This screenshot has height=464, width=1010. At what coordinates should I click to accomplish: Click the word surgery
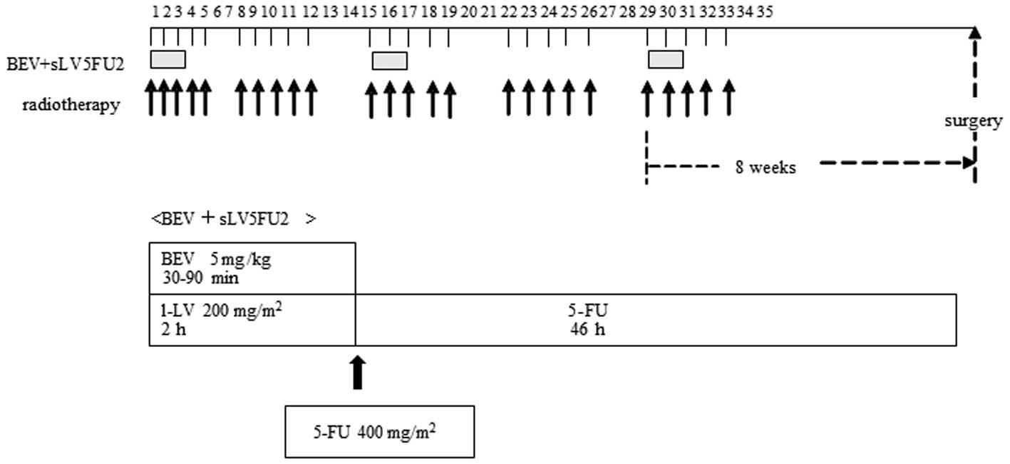[974, 121]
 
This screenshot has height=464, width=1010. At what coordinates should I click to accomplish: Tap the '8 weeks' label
[766, 168]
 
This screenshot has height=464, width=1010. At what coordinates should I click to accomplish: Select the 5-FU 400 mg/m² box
[379, 431]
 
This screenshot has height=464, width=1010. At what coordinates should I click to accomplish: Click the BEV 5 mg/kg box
[252, 268]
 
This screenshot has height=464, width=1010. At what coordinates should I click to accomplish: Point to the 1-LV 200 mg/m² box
[252, 319]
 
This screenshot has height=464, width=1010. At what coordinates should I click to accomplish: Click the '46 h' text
[587, 330]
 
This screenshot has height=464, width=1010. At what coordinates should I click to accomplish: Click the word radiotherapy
[71, 106]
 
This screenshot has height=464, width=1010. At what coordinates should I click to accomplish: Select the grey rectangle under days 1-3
[168, 59]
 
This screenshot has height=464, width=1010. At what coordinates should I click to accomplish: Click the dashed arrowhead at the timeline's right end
[975, 31]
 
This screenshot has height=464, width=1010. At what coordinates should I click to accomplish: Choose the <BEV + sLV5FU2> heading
[233, 219]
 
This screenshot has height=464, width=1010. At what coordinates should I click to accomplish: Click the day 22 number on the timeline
[508, 12]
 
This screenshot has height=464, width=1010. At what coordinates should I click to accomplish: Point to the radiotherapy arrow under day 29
[647, 98]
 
